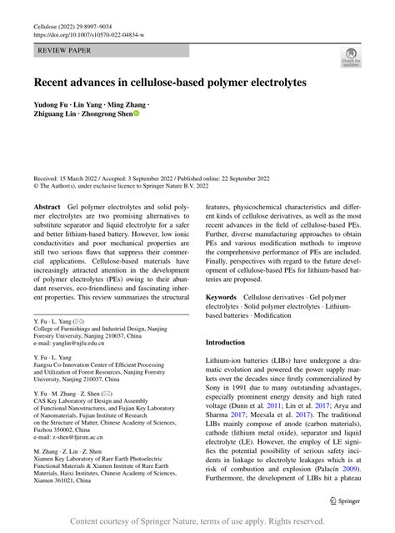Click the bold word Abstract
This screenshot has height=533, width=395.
(47, 206)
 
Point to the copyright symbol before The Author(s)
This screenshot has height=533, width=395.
(36, 188)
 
